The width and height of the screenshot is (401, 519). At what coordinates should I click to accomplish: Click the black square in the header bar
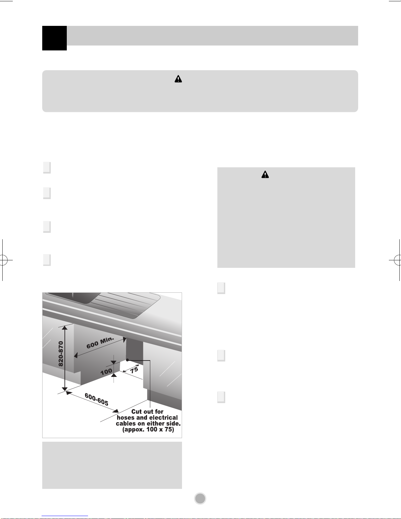pos(54,38)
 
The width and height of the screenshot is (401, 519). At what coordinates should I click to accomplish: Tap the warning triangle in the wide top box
pos(178,79)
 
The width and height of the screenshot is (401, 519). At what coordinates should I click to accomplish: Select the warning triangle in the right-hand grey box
pos(265,175)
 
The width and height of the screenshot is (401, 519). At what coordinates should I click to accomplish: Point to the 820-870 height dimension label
pos(61,354)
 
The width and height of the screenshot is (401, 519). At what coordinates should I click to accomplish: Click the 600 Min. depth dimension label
pos(100,343)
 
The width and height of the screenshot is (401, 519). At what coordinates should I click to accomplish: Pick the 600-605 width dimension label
pos(97,399)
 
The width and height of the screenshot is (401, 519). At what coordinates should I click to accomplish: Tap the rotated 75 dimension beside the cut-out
pos(134,370)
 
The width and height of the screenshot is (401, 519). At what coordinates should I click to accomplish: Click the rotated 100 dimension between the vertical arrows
pos(106,372)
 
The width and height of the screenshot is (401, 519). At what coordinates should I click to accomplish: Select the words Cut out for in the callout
pos(147,412)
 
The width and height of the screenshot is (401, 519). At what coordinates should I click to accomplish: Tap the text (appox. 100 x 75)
pos(148,429)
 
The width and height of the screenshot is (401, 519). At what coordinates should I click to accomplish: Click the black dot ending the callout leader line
pos(127,360)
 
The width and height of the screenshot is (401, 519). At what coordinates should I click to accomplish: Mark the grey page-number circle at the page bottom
pos(200,498)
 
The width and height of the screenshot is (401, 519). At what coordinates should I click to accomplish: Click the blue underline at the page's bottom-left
pos(65,516)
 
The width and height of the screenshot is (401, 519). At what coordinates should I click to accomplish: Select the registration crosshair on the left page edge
pos(3,260)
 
